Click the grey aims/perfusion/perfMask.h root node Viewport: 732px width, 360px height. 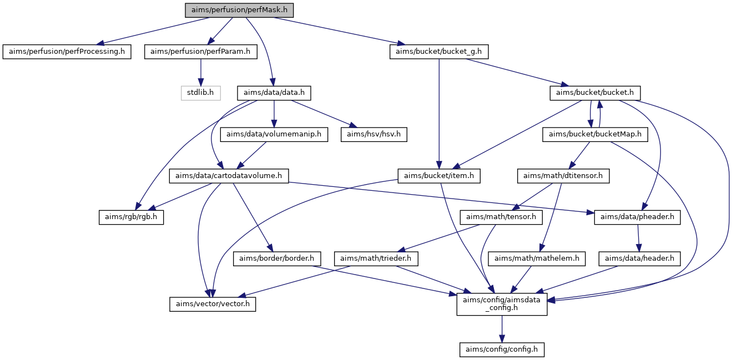239,10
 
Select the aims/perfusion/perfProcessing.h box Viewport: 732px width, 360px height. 67,52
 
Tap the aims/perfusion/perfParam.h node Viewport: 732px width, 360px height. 201,52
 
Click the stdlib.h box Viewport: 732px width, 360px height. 201,93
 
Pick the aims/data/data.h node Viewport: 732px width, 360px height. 274,93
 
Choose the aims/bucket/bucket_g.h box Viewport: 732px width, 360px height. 439,52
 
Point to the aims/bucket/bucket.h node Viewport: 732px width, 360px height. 595,93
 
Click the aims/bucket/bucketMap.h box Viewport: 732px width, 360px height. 595,134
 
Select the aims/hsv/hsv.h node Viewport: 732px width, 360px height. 374,134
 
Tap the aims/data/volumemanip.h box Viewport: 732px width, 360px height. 274,134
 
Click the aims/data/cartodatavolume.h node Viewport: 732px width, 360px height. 229,176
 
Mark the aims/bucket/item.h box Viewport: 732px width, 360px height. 439,176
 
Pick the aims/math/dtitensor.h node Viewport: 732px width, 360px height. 563,176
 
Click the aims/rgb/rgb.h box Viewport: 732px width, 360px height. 131,217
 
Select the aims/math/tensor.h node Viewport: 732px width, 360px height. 501,217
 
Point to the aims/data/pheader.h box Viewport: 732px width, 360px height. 637,217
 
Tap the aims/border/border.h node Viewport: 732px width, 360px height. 277,258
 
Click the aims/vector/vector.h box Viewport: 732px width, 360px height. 213,304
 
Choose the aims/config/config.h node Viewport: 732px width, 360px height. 502,349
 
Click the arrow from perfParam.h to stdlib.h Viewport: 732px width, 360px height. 201,73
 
